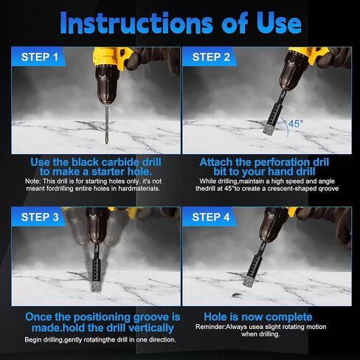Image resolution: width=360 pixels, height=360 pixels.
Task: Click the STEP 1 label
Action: click(x=39, y=57)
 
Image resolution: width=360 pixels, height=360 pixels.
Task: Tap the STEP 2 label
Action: click(x=211, y=57)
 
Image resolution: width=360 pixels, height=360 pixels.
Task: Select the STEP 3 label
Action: click(x=40, y=217)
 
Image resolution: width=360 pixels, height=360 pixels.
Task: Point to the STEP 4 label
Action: click(x=211, y=217)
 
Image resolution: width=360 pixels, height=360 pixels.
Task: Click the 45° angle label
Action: click(x=296, y=123)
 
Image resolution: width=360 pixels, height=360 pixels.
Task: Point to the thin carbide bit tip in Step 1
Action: click(x=106, y=142)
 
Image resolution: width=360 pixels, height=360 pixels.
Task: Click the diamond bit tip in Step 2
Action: click(x=269, y=129)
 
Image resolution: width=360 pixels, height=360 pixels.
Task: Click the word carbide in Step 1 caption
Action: click(x=120, y=162)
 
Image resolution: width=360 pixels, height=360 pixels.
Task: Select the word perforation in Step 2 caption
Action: click(x=277, y=162)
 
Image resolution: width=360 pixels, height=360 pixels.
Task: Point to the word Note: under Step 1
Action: click(x=32, y=181)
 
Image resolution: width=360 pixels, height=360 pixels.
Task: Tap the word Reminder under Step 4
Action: click(x=210, y=327)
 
